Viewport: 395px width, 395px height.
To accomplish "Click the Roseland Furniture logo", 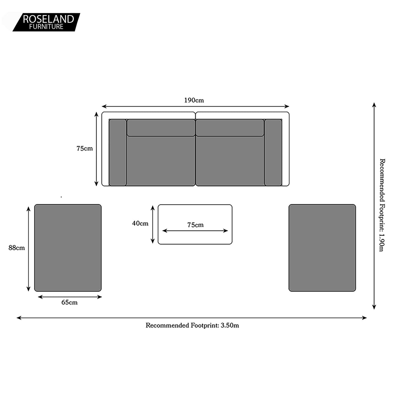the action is click(x=46, y=22).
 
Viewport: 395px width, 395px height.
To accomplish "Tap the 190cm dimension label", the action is click(x=194, y=100).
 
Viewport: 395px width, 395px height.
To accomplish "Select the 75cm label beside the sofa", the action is click(x=85, y=148).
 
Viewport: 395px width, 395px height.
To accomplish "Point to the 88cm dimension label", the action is click(x=16, y=248).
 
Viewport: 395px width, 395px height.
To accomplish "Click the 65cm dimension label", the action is click(x=69, y=303).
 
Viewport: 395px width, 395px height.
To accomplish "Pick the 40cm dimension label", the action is click(x=140, y=223).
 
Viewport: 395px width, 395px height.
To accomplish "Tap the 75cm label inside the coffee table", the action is click(x=195, y=225).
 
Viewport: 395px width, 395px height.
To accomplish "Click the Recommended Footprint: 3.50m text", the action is click(x=192, y=325).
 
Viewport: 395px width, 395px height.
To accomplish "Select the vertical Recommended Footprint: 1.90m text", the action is click(x=382, y=205).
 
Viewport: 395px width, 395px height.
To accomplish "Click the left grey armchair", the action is click(x=68, y=248).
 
